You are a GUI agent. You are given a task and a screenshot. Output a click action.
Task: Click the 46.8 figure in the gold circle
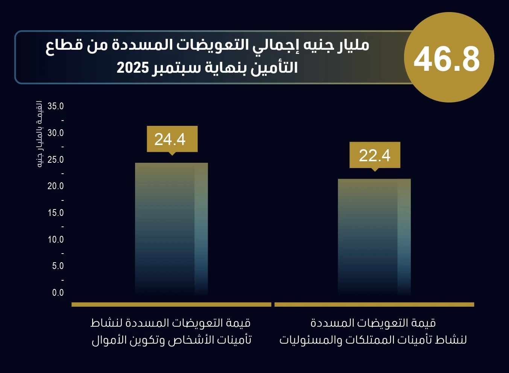(447, 59)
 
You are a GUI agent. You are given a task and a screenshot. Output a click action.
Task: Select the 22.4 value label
(375, 155)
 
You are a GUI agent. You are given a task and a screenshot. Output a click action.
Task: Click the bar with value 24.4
(171, 229)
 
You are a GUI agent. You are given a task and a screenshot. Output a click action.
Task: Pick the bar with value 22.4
(374, 237)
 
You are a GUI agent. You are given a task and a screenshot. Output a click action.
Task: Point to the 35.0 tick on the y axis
(55, 106)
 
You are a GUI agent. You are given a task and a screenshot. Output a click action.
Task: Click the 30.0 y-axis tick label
(55, 133)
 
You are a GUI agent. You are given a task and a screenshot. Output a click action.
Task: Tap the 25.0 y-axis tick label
(55, 160)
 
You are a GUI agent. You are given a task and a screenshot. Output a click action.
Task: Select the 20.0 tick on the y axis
(55, 186)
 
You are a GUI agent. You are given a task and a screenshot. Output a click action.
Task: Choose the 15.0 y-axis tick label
(55, 213)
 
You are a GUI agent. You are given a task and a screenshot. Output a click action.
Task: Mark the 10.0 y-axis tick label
(55, 239)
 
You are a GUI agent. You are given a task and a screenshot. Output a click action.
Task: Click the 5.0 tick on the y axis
(58, 266)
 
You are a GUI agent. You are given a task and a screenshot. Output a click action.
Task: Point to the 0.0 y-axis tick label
(58, 293)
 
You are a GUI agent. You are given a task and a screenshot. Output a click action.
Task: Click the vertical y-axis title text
(39, 134)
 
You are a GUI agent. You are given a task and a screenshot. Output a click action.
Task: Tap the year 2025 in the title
(132, 67)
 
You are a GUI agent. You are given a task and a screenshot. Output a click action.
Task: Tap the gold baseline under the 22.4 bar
(374, 304)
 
